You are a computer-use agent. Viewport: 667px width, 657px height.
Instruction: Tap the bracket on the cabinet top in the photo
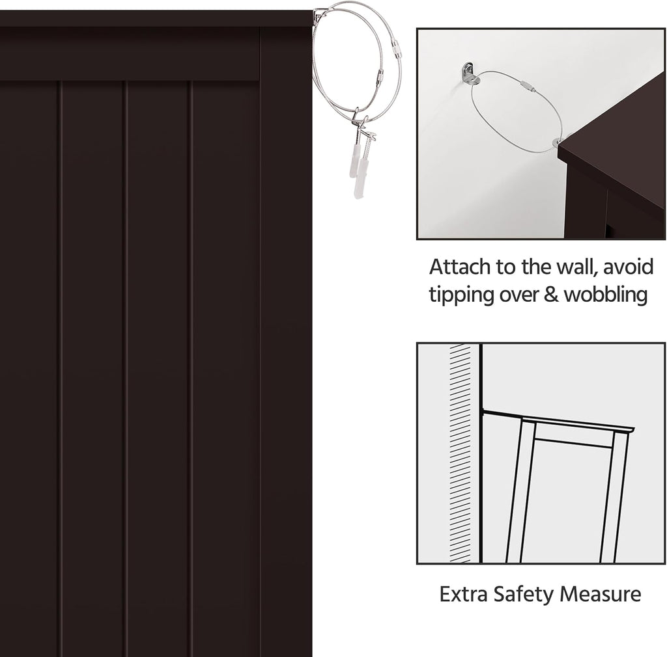558,141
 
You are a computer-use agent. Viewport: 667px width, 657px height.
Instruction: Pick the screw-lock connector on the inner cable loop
380,77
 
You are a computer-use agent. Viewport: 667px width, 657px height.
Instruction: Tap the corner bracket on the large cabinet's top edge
317,18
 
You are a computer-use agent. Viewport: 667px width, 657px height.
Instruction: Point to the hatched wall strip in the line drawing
461,453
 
